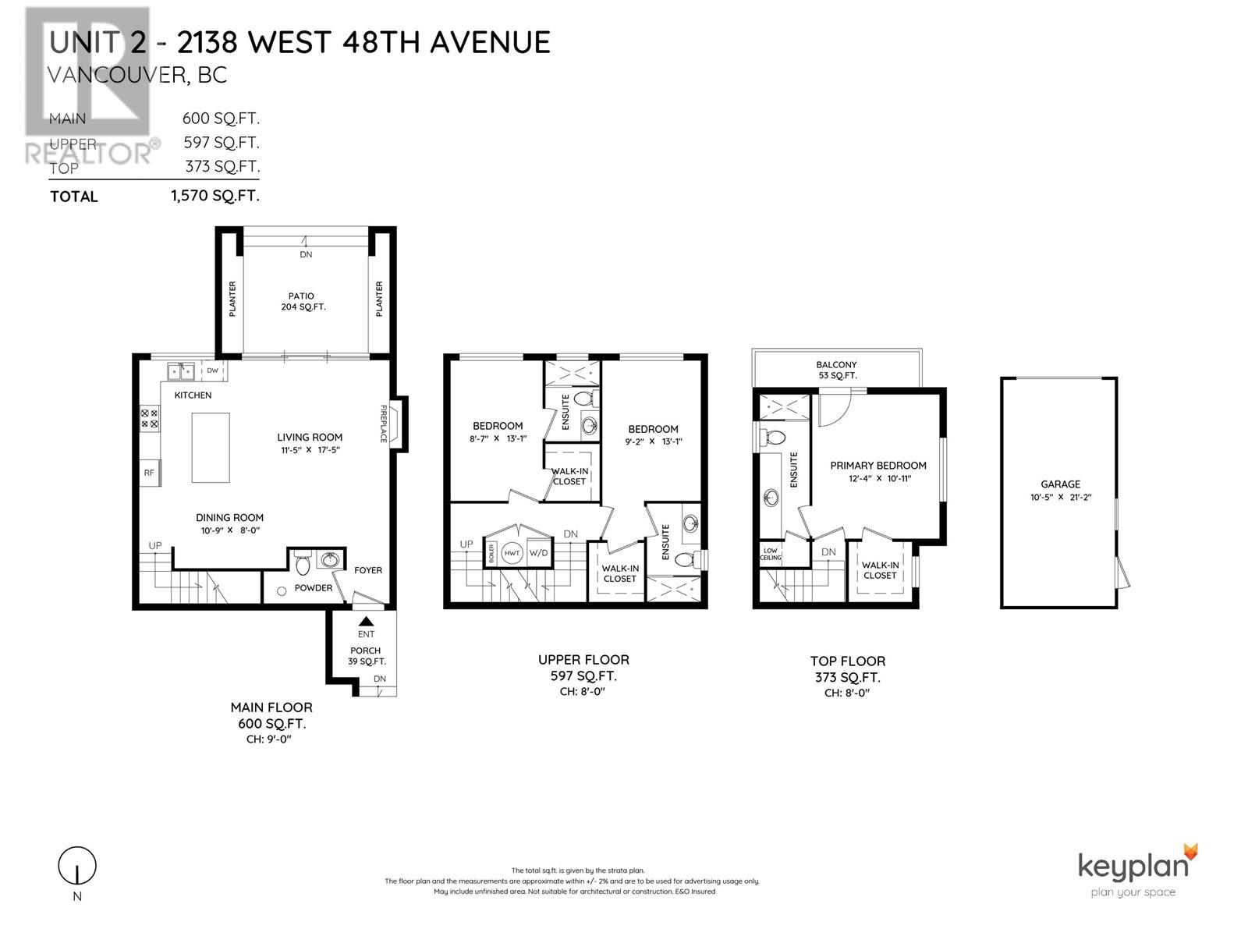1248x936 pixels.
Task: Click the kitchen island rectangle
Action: pos(211,448)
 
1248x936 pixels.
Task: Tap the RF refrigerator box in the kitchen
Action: pos(149,473)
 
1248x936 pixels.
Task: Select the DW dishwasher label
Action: pos(213,370)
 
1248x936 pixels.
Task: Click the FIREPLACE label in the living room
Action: pos(383,424)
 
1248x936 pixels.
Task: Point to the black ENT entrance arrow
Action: pos(366,621)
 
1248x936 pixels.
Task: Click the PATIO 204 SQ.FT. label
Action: pos(303,301)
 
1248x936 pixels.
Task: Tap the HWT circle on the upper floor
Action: pos(512,553)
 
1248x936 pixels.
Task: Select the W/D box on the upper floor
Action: pos(539,553)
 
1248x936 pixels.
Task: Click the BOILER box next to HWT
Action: pos(491,553)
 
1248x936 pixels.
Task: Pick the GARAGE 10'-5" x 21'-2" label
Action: pos(1060,490)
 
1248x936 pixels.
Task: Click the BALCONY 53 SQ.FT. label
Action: pos(836,370)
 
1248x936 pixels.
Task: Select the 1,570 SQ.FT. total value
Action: pos(215,196)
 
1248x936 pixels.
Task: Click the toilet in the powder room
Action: pos(303,563)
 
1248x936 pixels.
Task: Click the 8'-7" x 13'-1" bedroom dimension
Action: pos(497,438)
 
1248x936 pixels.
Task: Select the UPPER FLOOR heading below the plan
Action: pos(583,660)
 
